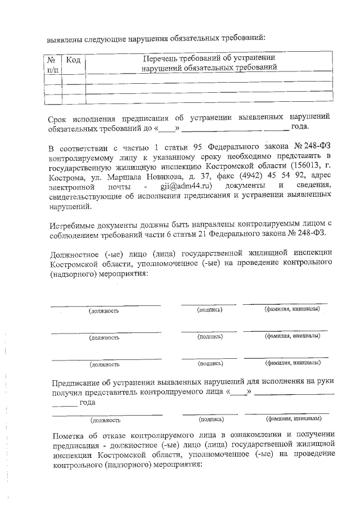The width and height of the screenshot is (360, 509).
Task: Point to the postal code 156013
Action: click(x=297, y=165)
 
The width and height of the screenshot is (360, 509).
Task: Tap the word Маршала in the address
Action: click(x=122, y=175)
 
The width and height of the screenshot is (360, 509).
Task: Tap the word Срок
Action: click(x=58, y=118)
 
